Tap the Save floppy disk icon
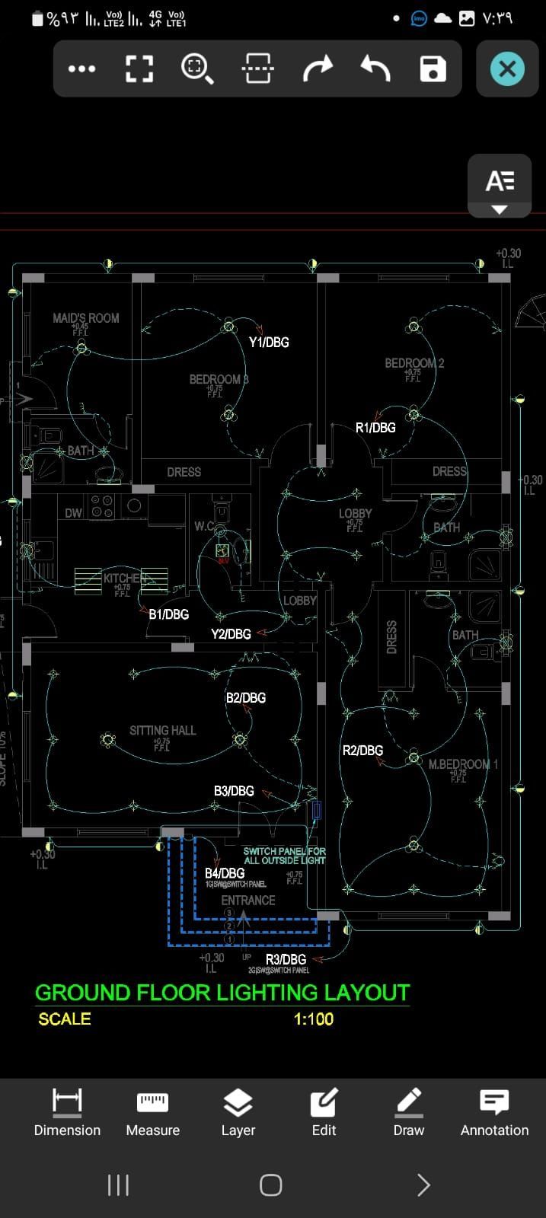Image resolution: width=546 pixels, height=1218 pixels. click(x=433, y=69)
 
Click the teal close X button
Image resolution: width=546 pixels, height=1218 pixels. click(x=507, y=69)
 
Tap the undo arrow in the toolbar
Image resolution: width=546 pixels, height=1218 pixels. click(x=375, y=69)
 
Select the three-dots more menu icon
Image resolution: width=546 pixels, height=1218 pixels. click(x=81, y=69)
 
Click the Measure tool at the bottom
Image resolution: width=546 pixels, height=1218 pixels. click(x=152, y=1112)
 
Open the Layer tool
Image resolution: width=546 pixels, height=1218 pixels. click(x=238, y=1112)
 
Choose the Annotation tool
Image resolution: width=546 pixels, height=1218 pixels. click(x=494, y=1112)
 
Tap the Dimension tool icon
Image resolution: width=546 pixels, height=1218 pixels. click(x=67, y=1112)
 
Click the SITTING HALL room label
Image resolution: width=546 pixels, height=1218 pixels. click(x=162, y=731)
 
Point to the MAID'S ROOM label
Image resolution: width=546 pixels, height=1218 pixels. click(x=86, y=318)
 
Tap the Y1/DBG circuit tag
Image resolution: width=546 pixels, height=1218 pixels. click(x=269, y=343)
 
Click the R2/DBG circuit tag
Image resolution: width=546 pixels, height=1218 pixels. click(x=362, y=751)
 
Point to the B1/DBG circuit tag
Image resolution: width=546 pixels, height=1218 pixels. click(x=168, y=614)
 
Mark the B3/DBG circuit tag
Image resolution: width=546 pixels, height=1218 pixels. click(x=234, y=791)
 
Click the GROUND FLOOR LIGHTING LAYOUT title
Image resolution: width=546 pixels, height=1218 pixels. click(x=222, y=993)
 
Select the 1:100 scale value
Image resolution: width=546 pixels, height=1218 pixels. click(x=314, y=1019)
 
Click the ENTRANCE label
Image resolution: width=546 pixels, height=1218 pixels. click(x=248, y=901)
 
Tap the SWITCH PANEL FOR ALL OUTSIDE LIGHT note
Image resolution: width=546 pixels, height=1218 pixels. click(x=284, y=856)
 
